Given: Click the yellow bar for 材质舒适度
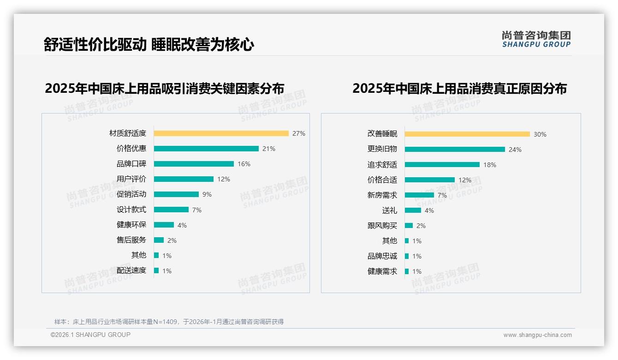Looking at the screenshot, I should point(221,133).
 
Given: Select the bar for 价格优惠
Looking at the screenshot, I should point(206,149).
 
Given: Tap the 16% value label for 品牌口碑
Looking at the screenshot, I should point(244,164).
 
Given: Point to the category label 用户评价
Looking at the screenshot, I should point(131,179).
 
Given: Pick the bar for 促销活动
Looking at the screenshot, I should point(176,194).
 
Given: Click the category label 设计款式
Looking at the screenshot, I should point(131,210).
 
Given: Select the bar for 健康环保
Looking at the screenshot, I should point(164,225).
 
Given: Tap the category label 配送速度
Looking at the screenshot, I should point(131,270).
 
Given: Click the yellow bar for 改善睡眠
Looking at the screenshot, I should point(467,134).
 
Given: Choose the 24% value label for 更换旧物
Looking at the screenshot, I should point(515,150).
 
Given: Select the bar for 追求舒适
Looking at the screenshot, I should point(442,165).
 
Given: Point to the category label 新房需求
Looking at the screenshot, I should point(382,195).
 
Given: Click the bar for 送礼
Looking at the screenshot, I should point(413,210).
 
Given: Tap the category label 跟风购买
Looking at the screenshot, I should point(382,226).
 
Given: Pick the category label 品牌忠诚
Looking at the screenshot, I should point(382,256).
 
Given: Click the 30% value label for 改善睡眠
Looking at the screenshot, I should point(540,134).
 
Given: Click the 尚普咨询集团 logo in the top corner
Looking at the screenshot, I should point(536,39).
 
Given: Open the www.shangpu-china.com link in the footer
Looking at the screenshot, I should point(537,335).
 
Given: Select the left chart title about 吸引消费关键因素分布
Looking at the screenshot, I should point(165,88).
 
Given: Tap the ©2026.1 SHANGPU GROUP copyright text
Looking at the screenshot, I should point(90,335).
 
